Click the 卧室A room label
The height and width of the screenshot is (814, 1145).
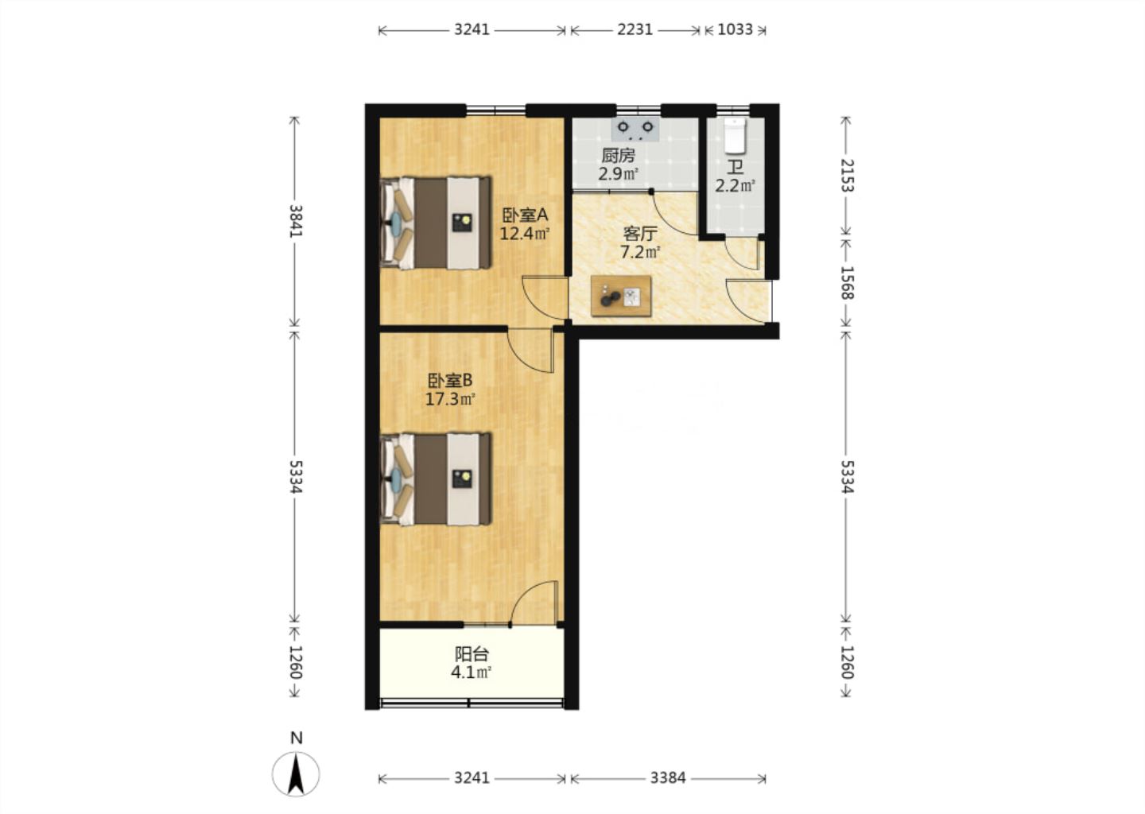[525, 214]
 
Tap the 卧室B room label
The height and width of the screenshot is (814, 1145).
[450, 381]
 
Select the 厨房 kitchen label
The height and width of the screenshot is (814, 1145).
[618, 155]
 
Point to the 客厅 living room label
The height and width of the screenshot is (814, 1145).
[639, 234]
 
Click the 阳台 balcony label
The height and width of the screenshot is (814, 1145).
[472, 654]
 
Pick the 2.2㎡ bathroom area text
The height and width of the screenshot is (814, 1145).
[735, 186]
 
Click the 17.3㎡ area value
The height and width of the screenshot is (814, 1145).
[450, 399]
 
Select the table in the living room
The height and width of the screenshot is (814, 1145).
[621, 296]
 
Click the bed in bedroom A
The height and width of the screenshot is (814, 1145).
[436, 223]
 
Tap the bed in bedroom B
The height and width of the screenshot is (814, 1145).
[436, 479]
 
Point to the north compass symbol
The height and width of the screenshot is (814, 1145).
[296, 773]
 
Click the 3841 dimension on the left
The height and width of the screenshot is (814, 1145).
[296, 221]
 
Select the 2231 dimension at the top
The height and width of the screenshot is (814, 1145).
[635, 30]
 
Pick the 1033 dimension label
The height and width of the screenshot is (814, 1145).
[735, 30]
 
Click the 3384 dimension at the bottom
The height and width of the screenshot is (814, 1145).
[668, 778]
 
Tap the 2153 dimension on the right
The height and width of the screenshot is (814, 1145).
[847, 175]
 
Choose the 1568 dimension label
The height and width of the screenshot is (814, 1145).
[847, 282]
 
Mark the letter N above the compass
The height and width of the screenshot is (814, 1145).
[297, 738]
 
